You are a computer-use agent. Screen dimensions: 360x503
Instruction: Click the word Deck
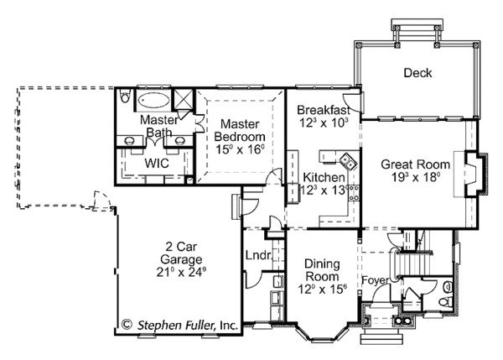(417, 73)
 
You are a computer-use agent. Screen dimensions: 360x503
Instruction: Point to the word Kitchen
(323, 178)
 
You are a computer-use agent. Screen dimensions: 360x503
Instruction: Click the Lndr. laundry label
(256, 255)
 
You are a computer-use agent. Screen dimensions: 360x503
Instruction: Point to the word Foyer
(374, 279)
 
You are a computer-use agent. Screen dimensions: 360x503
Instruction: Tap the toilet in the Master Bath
(125, 98)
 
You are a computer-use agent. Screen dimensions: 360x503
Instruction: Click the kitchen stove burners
(354, 192)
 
